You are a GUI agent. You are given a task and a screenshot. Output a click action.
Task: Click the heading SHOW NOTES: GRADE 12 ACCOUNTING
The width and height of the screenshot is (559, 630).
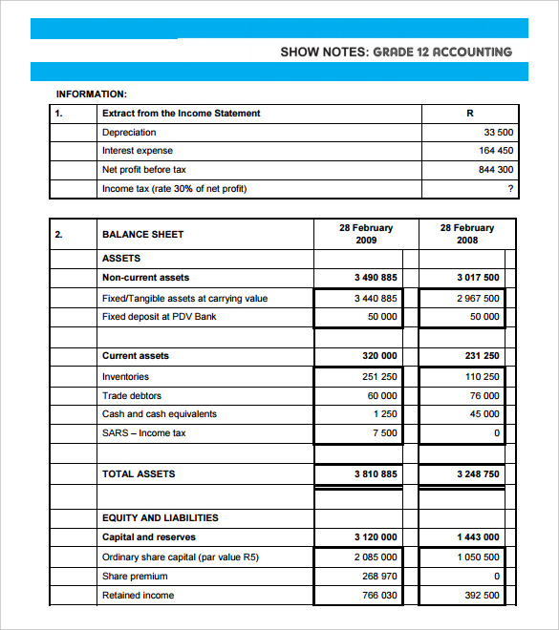coord(396,52)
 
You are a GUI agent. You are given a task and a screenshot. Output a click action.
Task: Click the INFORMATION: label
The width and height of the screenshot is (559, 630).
coord(92,94)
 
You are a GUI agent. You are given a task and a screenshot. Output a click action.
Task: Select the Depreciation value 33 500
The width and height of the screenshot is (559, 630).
coord(498,133)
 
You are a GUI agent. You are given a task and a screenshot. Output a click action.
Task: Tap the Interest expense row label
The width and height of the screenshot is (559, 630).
coord(138,151)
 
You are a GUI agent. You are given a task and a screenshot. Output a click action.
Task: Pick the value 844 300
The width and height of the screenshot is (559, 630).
coord(495,170)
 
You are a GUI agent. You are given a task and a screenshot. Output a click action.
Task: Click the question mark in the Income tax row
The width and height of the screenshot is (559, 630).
coord(510,189)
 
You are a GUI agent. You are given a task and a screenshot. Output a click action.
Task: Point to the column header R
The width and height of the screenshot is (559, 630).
coord(469,114)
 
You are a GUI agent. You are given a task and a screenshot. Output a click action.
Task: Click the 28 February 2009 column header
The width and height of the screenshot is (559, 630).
coord(366,234)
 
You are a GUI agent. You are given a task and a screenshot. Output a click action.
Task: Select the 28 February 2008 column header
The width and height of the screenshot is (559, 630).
coord(467,234)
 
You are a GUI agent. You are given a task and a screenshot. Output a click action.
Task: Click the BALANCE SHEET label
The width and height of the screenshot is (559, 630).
coord(142,234)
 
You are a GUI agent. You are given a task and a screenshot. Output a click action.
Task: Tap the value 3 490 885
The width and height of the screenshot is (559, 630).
coord(375,278)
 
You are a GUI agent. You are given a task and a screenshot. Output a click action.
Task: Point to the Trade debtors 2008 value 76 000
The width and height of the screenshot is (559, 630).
coord(484,395)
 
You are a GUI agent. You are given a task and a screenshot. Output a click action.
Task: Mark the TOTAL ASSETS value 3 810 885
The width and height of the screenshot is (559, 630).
coord(375,474)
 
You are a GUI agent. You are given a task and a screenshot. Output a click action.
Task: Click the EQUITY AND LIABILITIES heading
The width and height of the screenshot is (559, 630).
coord(160,517)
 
